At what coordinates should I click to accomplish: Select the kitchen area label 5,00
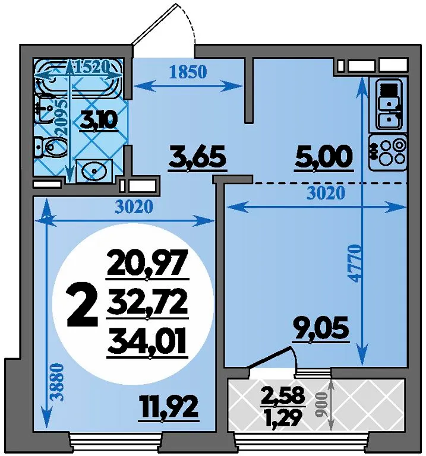(x=324, y=157)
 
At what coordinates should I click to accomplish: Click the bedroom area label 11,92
(x=169, y=407)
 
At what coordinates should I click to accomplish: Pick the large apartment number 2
(x=82, y=305)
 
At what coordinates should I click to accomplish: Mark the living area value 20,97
(x=147, y=264)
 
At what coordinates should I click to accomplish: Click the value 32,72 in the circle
(x=147, y=304)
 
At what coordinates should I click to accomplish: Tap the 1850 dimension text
(x=188, y=71)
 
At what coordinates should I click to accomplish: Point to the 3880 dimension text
(x=57, y=383)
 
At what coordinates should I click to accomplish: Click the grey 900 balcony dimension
(x=321, y=404)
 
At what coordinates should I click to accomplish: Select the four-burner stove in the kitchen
(x=387, y=153)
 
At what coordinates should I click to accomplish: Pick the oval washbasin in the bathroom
(x=94, y=170)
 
